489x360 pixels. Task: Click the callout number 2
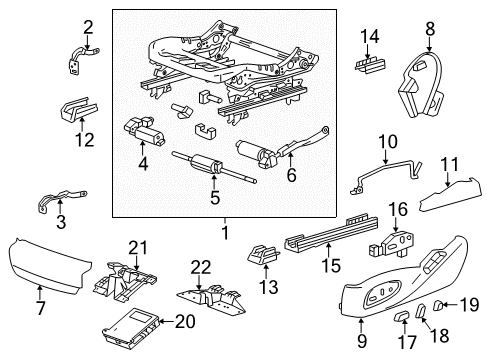pos(88,26)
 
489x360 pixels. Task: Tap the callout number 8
pos(431,28)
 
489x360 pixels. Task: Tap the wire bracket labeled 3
pos(59,205)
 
